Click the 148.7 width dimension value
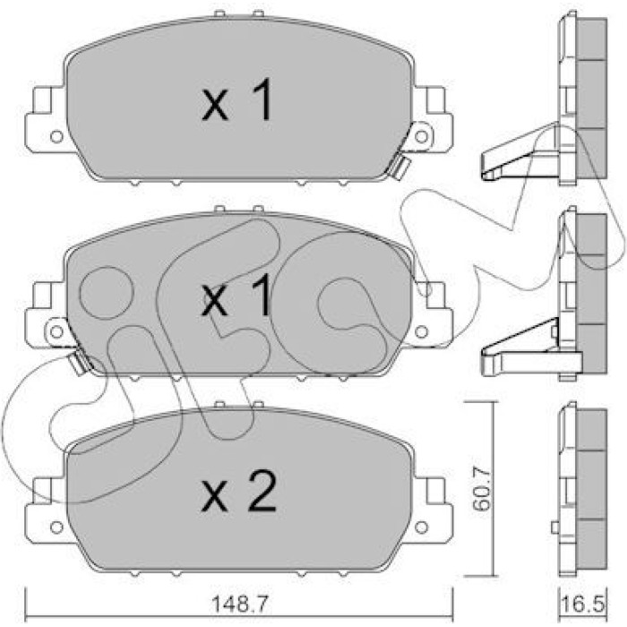(238, 605)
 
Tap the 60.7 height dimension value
(481, 489)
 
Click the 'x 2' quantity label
(239, 492)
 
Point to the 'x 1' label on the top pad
(237, 99)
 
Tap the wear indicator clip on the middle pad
(80, 362)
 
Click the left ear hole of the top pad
(56, 137)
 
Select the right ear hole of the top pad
(422, 137)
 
